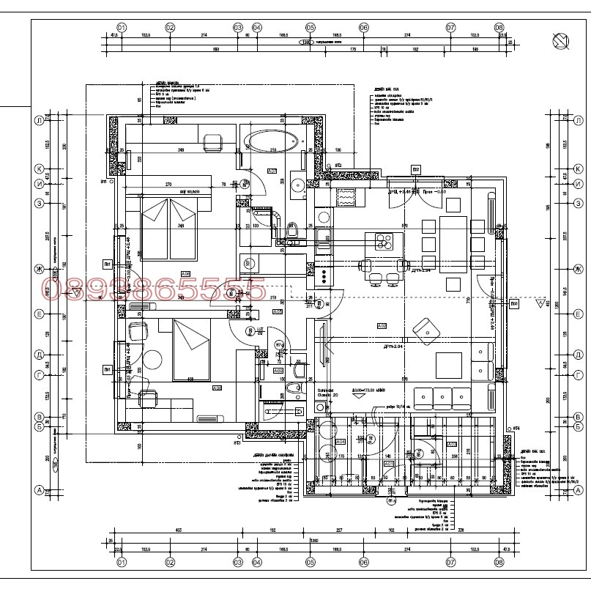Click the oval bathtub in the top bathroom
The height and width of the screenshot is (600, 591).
[x=270, y=140]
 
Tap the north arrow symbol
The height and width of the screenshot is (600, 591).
[x=562, y=42]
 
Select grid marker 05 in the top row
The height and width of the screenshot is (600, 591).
[x=311, y=28]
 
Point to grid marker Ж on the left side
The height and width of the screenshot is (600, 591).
[x=39, y=270]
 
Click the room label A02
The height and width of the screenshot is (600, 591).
[x=382, y=326]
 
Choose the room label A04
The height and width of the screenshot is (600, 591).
[x=341, y=442]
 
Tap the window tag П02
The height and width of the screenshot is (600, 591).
[x=415, y=169]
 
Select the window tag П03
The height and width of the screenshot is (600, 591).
[x=514, y=302]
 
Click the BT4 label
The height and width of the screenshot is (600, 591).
[x=515, y=427]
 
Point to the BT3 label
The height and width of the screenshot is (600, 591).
[x=237, y=442]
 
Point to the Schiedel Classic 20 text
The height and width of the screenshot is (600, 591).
[x=327, y=393]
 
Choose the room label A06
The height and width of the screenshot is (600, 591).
[x=185, y=274]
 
